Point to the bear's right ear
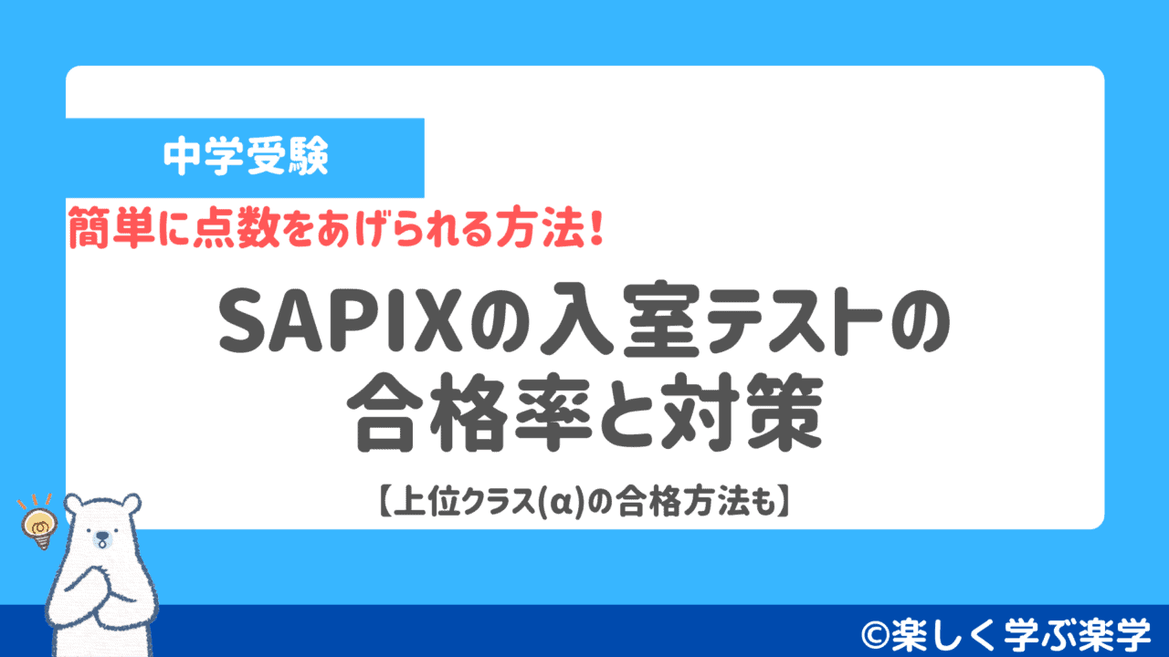(131, 503)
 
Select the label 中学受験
(246, 158)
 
